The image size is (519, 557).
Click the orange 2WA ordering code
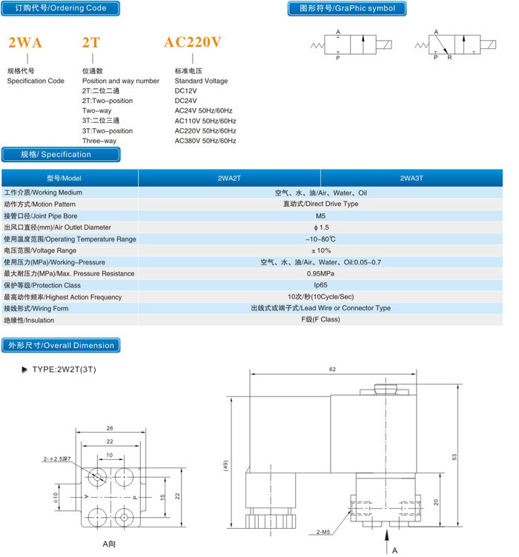tap(25, 43)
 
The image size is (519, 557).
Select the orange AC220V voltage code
tap(193, 42)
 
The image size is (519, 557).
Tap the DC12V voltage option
tap(185, 90)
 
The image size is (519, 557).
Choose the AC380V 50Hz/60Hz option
tap(205, 141)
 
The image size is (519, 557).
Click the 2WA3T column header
tap(411, 179)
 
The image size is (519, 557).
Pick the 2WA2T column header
tap(229, 179)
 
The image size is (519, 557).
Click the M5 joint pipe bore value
tap(320, 216)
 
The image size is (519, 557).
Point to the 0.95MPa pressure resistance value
tap(320, 273)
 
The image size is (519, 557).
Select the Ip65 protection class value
tap(320, 285)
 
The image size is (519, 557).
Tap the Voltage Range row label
tap(40, 250)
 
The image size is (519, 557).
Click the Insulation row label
tap(29, 320)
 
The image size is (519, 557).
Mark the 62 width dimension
tap(332, 370)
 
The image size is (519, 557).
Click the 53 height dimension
tap(454, 457)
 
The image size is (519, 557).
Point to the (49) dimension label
tap(225, 466)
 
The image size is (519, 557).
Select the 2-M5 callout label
tap(323, 532)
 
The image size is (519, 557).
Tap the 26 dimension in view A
tap(110, 428)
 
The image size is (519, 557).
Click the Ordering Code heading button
tap(61, 8)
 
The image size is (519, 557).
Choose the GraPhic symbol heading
tap(347, 9)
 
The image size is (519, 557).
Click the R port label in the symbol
tap(450, 58)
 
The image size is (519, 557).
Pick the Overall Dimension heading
tap(61, 345)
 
